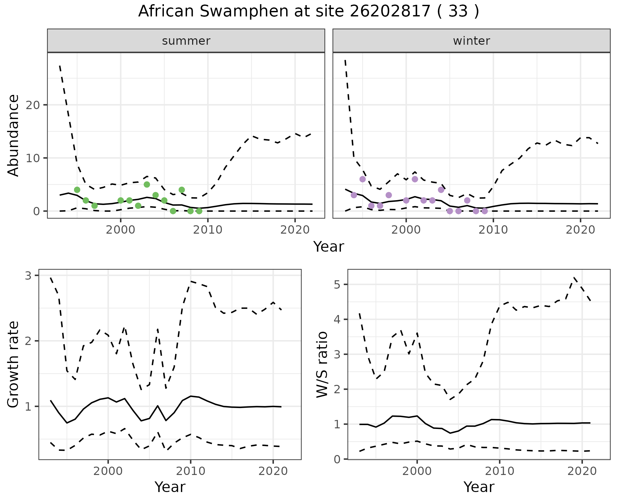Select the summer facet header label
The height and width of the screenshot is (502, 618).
coord(186,41)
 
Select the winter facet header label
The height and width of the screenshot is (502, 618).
coord(472,41)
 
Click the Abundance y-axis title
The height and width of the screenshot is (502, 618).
coord(14,135)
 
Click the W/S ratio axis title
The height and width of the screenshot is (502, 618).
coord(322,365)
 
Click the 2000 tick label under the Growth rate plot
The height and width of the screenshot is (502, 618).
coord(108,471)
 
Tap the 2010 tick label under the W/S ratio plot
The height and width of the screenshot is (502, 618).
coord(500,471)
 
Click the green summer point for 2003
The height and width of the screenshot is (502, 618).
coord(147,184)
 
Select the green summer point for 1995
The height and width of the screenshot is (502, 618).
coord(77,190)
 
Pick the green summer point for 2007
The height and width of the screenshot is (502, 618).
coord(182,190)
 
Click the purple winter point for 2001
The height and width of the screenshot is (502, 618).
coord(415,179)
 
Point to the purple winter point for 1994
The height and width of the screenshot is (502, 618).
coord(354,195)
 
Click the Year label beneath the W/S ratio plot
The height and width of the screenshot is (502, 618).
coord(479,487)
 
